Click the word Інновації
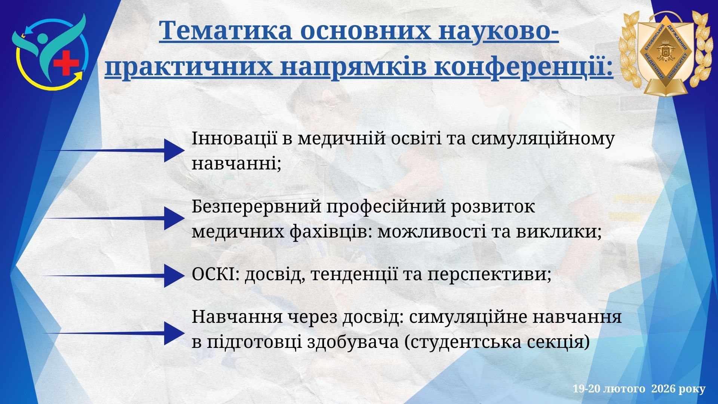[234, 139]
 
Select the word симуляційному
[543, 140]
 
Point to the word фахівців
[331, 233]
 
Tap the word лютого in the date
[624, 389]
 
